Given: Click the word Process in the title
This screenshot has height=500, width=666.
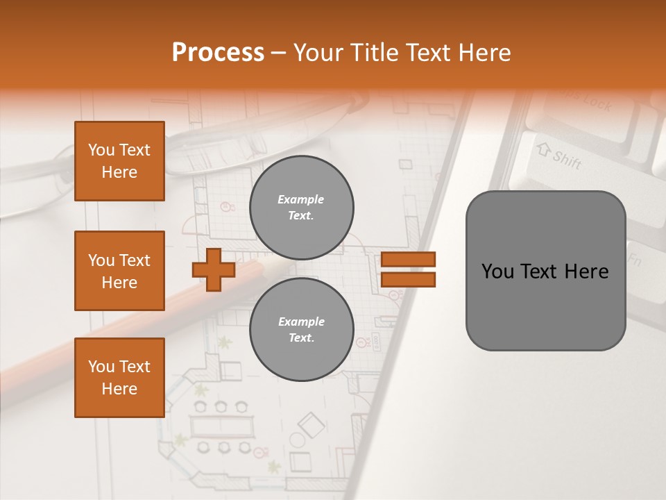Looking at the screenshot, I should click(218, 53).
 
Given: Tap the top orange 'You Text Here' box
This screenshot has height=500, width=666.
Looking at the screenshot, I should click(119, 161).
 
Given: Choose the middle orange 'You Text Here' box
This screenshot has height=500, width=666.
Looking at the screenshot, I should click(119, 271).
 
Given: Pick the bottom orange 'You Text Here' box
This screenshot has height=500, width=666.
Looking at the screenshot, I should click(119, 378).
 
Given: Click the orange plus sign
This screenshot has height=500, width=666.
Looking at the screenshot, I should click(214, 269).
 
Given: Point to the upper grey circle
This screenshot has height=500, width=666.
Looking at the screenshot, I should click(301, 208).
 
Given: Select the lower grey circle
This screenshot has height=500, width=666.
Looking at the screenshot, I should click(301, 330).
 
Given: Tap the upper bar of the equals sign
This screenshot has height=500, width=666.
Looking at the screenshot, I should click(408, 260).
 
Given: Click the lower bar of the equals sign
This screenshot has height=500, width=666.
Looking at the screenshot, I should click(408, 279).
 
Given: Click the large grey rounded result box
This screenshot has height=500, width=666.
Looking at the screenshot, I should click(545, 270).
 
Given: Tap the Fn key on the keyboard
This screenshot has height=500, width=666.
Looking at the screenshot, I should click(634, 261).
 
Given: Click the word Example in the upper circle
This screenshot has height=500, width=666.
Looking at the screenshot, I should click(300, 199).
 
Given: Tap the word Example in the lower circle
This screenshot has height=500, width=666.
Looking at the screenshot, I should click(301, 322).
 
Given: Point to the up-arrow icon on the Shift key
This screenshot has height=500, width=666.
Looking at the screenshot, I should click(543, 149).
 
